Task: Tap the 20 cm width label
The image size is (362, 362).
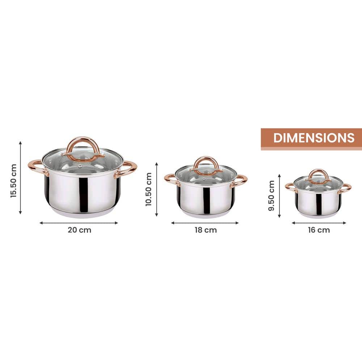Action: pyautogui.click(x=80, y=230)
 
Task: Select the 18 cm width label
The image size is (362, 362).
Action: pyautogui.click(x=205, y=230)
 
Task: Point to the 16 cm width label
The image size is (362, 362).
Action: pyautogui.click(x=319, y=230)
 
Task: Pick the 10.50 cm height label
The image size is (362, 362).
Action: pyautogui.click(x=149, y=189)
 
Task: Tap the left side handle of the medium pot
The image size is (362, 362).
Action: pyautogui.click(x=171, y=179)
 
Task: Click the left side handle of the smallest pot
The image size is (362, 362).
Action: pyautogui.click(x=290, y=187)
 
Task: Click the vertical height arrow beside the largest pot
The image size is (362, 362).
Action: pyautogui.click(x=21, y=178)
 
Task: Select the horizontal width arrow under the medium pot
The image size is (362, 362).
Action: pyautogui.click(x=205, y=223)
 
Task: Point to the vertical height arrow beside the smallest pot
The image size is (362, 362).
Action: pyautogui.click(x=279, y=196)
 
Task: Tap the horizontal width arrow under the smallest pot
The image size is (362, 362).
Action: pyautogui.click(x=319, y=223)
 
